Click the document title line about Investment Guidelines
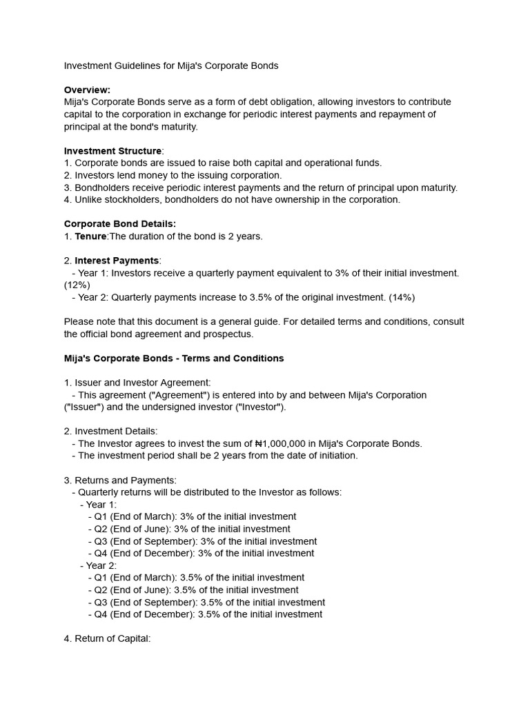point(171,65)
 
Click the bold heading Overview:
point(87,90)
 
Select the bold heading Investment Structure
point(112,151)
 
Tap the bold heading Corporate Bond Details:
point(119,224)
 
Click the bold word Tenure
point(90,236)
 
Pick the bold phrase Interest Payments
point(117,261)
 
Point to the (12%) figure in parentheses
point(77,285)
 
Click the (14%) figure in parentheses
point(402,297)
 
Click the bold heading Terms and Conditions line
point(173,359)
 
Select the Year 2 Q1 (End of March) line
point(196,578)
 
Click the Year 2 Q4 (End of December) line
point(205,614)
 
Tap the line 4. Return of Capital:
point(107,638)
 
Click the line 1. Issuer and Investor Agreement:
point(137,383)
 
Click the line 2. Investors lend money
point(173,175)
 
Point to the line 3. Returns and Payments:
point(120,480)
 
